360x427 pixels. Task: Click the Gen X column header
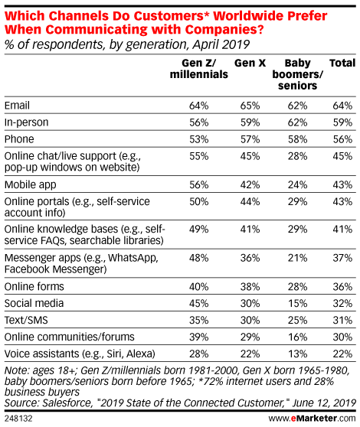(250, 64)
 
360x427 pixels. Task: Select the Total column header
(342, 64)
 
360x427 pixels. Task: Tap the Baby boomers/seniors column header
(297, 74)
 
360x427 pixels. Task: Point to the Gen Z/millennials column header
(199, 69)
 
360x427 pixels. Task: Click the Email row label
(17, 106)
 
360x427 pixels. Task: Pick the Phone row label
(19, 139)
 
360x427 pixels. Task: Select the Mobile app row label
(30, 185)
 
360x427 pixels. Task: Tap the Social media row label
(34, 303)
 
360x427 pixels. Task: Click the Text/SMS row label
(26, 320)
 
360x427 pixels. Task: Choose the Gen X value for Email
(250, 106)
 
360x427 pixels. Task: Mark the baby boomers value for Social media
(297, 303)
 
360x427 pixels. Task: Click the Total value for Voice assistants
(342, 354)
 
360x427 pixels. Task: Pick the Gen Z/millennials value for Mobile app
(199, 185)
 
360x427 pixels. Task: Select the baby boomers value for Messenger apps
(297, 258)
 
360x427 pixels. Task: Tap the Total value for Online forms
(342, 287)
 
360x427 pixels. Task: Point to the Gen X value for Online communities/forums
(250, 337)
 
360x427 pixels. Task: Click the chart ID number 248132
(18, 419)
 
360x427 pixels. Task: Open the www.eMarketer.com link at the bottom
(312, 418)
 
